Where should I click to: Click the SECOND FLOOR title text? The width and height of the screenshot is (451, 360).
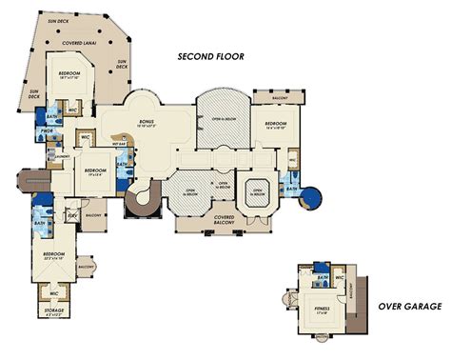coord(211,56)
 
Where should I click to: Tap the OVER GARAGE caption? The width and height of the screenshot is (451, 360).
coord(410,306)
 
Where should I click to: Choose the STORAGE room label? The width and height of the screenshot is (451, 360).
coord(54,311)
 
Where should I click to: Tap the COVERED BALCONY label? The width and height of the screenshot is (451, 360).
coord(225,220)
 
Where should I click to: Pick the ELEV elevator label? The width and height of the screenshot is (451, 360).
coord(72,215)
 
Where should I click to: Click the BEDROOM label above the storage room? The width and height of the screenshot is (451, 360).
coord(54,254)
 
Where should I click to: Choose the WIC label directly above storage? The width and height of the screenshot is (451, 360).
coord(54,292)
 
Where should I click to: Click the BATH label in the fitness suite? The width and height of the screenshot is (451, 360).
coord(324,277)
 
